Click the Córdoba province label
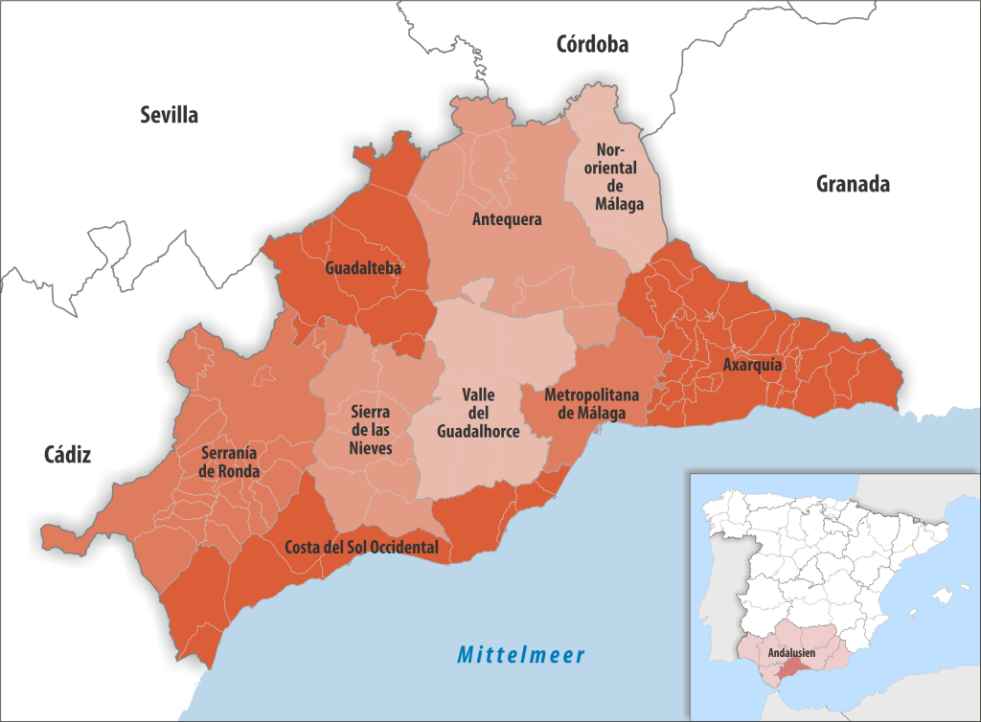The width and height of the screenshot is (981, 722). [x=592, y=44]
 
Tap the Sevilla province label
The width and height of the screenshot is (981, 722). [x=169, y=116]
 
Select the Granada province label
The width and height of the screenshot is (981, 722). [x=853, y=185]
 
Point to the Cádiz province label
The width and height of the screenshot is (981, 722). [x=67, y=455]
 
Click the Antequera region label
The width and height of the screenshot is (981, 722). [x=507, y=219]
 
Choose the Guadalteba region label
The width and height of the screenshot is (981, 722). [x=363, y=268]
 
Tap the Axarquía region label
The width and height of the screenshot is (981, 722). [x=752, y=365]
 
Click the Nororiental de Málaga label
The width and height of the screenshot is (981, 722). [x=618, y=177]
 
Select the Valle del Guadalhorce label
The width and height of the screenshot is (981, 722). [x=478, y=413]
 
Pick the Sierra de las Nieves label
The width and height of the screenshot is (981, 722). [x=369, y=430]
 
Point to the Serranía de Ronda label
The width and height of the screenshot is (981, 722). [x=229, y=462]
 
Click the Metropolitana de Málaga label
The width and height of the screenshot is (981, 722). [x=585, y=403]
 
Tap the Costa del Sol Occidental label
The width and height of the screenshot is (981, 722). [x=362, y=548]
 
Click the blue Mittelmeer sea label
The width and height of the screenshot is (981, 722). [x=520, y=655]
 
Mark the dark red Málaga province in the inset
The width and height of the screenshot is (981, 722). [x=791, y=674]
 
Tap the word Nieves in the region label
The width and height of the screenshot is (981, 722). [x=369, y=448]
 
